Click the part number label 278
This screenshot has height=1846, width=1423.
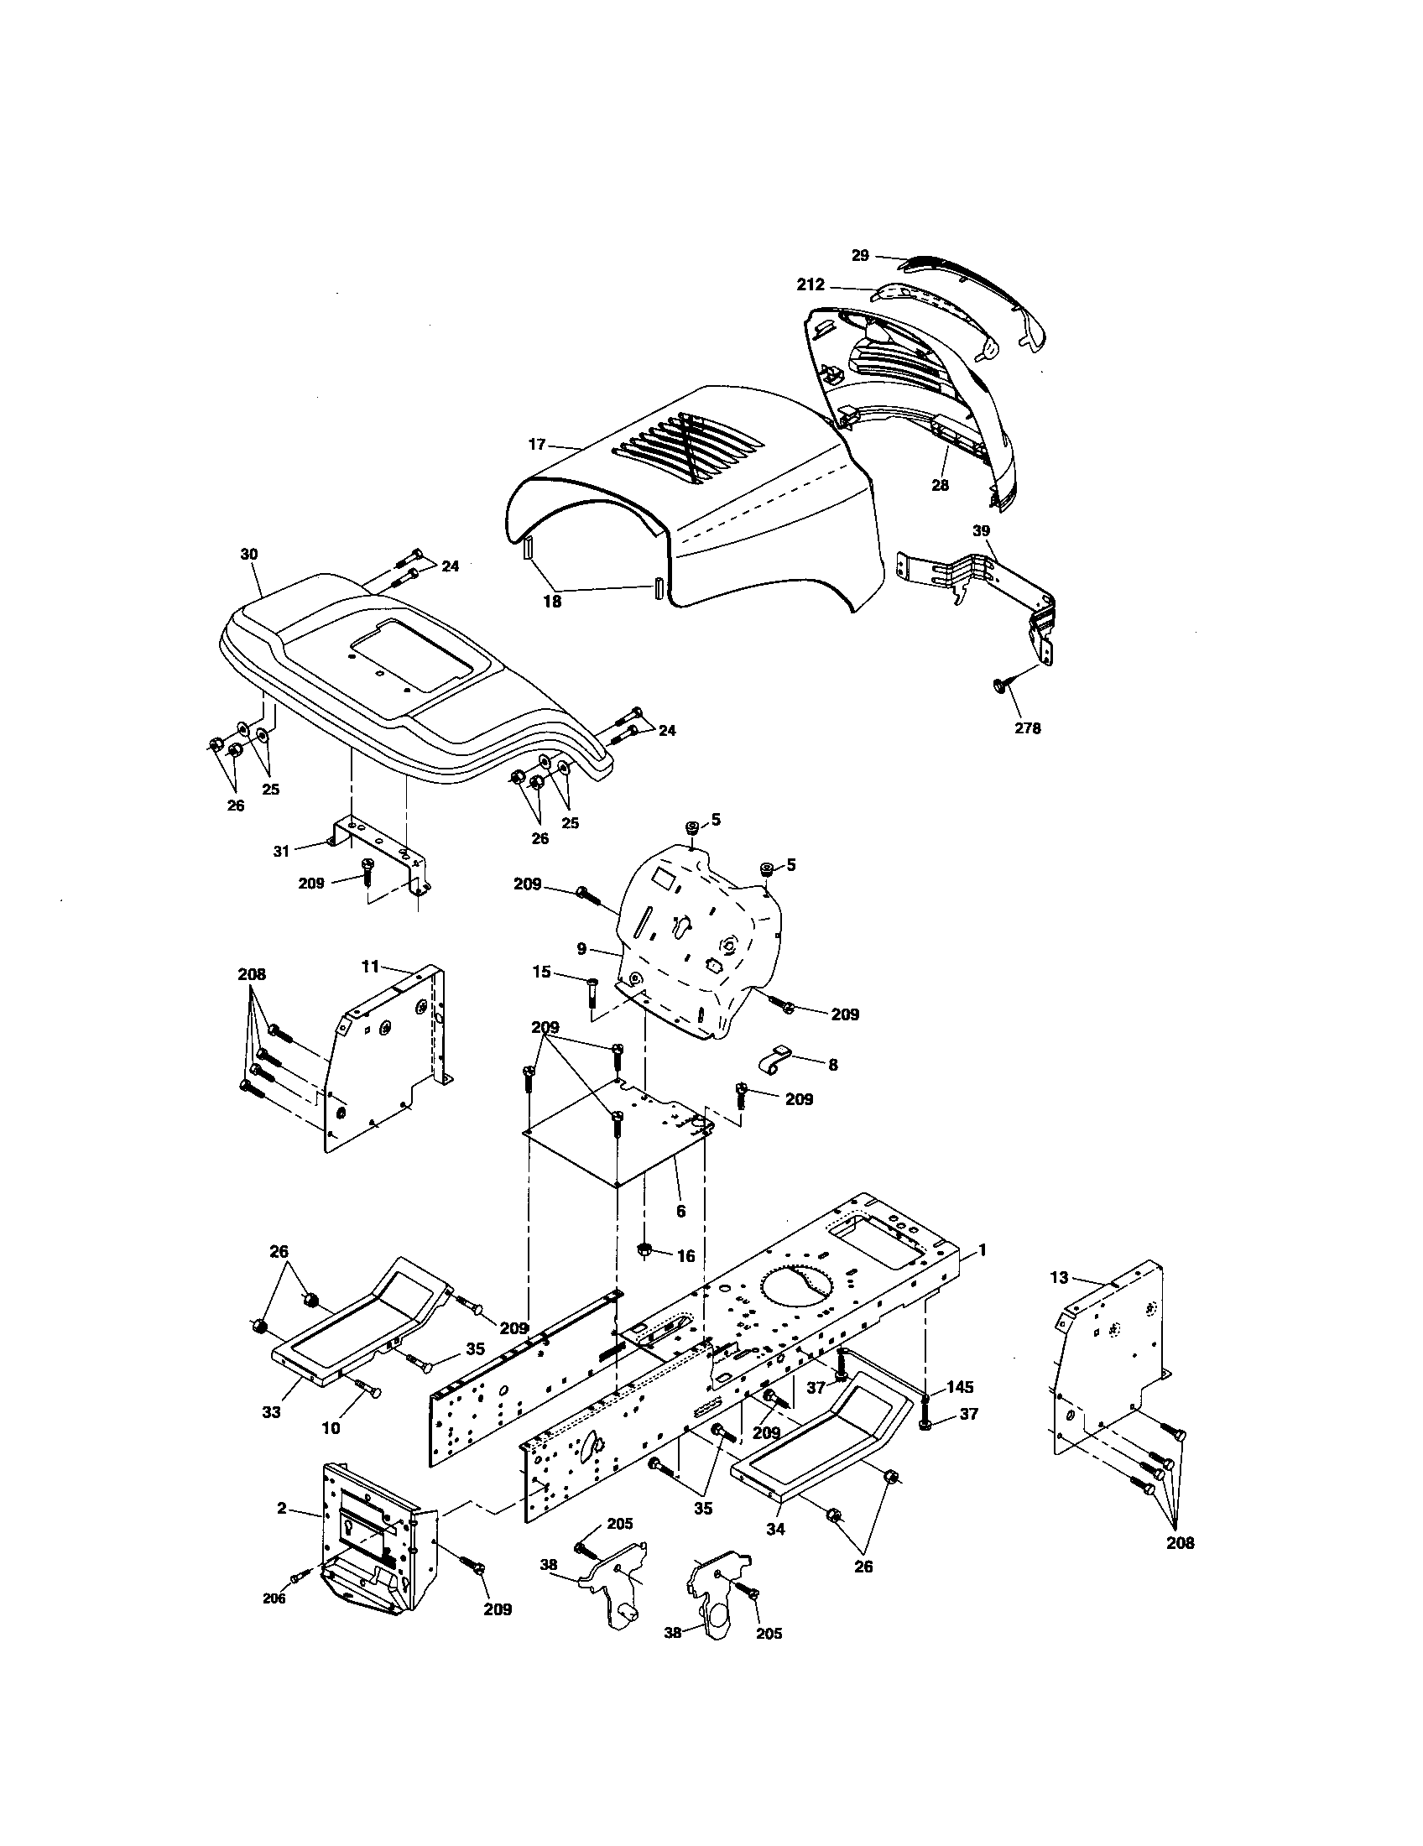[x=1028, y=728]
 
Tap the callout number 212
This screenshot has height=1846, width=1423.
[x=811, y=284]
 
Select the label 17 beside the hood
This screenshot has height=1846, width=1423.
[x=537, y=443]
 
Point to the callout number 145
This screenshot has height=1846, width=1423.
[x=960, y=1387]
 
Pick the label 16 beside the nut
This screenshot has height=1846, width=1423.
[x=685, y=1256]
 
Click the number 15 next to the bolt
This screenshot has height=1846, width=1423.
[x=543, y=972]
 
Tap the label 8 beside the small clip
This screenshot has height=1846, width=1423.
[x=832, y=1065]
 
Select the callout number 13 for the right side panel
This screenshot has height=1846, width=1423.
[x=1060, y=1277]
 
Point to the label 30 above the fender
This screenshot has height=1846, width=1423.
[x=249, y=555]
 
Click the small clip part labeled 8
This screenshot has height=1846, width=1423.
[x=775, y=1061]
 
